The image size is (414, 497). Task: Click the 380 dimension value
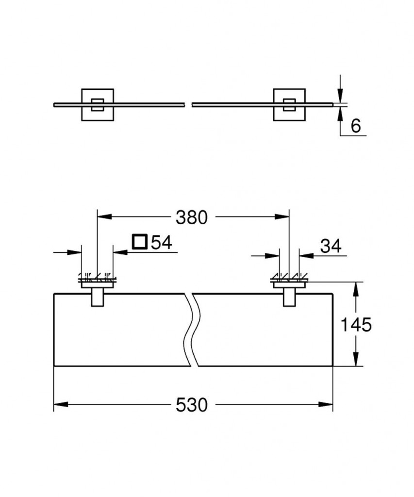pos(191,217)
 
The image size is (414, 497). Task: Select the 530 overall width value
pos(191,404)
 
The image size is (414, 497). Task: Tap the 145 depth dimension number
pos(356,325)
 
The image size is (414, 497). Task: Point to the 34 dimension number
pos(331,247)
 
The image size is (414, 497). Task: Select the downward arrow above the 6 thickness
pos(341,95)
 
